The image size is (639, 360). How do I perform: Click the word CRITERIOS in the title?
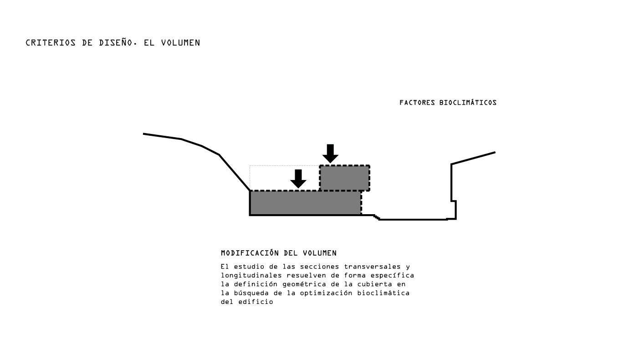pos(51,43)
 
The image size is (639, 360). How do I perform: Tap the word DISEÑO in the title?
pos(116,42)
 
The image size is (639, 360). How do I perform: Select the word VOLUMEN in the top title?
pos(180,43)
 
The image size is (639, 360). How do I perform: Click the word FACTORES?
pos(417,103)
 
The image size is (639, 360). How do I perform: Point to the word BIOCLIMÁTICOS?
pos(468,103)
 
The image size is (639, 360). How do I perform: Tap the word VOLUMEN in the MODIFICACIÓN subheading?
pos(320,253)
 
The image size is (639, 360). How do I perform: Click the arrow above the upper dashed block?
pos(330,154)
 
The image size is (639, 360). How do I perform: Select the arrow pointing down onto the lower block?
pos(298,179)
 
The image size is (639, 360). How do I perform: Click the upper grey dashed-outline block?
pos(345,178)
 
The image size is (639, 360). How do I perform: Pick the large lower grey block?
pos(306,203)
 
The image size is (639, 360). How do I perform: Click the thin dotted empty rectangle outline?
pos(250,178)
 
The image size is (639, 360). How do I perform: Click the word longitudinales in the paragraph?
pos(251,276)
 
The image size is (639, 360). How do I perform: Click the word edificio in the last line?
pos(256,302)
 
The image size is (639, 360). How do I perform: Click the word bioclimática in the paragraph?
pos(383,293)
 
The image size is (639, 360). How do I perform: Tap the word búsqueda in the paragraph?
pos(251,293)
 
